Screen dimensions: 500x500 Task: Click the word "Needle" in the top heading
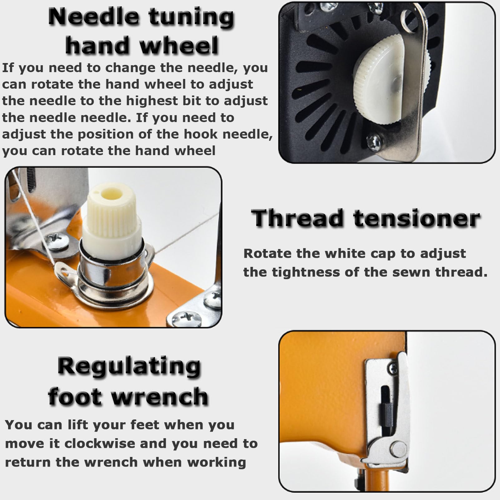[x=94, y=17]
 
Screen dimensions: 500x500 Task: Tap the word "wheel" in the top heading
[x=179, y=46]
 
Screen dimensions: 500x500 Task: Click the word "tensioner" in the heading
[x=417, y=218]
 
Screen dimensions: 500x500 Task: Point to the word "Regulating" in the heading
[x=129, y=367]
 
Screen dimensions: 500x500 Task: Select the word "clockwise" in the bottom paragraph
[x=100, y=444]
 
